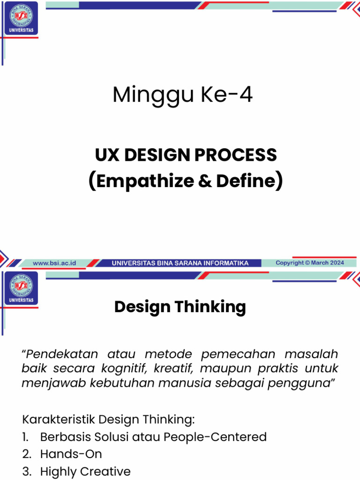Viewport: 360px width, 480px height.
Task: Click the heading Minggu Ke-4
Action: (182, 95)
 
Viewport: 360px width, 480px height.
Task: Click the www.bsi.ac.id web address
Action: (54, 263)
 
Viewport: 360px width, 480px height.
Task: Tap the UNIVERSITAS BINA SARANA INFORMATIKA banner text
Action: (180, 263)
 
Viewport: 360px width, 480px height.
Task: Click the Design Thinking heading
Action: (180, 307)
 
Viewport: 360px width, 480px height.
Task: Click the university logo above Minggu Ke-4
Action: (21, 19)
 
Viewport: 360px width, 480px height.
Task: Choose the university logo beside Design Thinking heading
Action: (21, 288)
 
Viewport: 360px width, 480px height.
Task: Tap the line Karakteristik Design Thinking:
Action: (108, 418)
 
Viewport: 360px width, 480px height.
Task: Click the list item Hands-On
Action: (71, 454)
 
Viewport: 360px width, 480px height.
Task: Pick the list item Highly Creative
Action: (85, 471)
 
